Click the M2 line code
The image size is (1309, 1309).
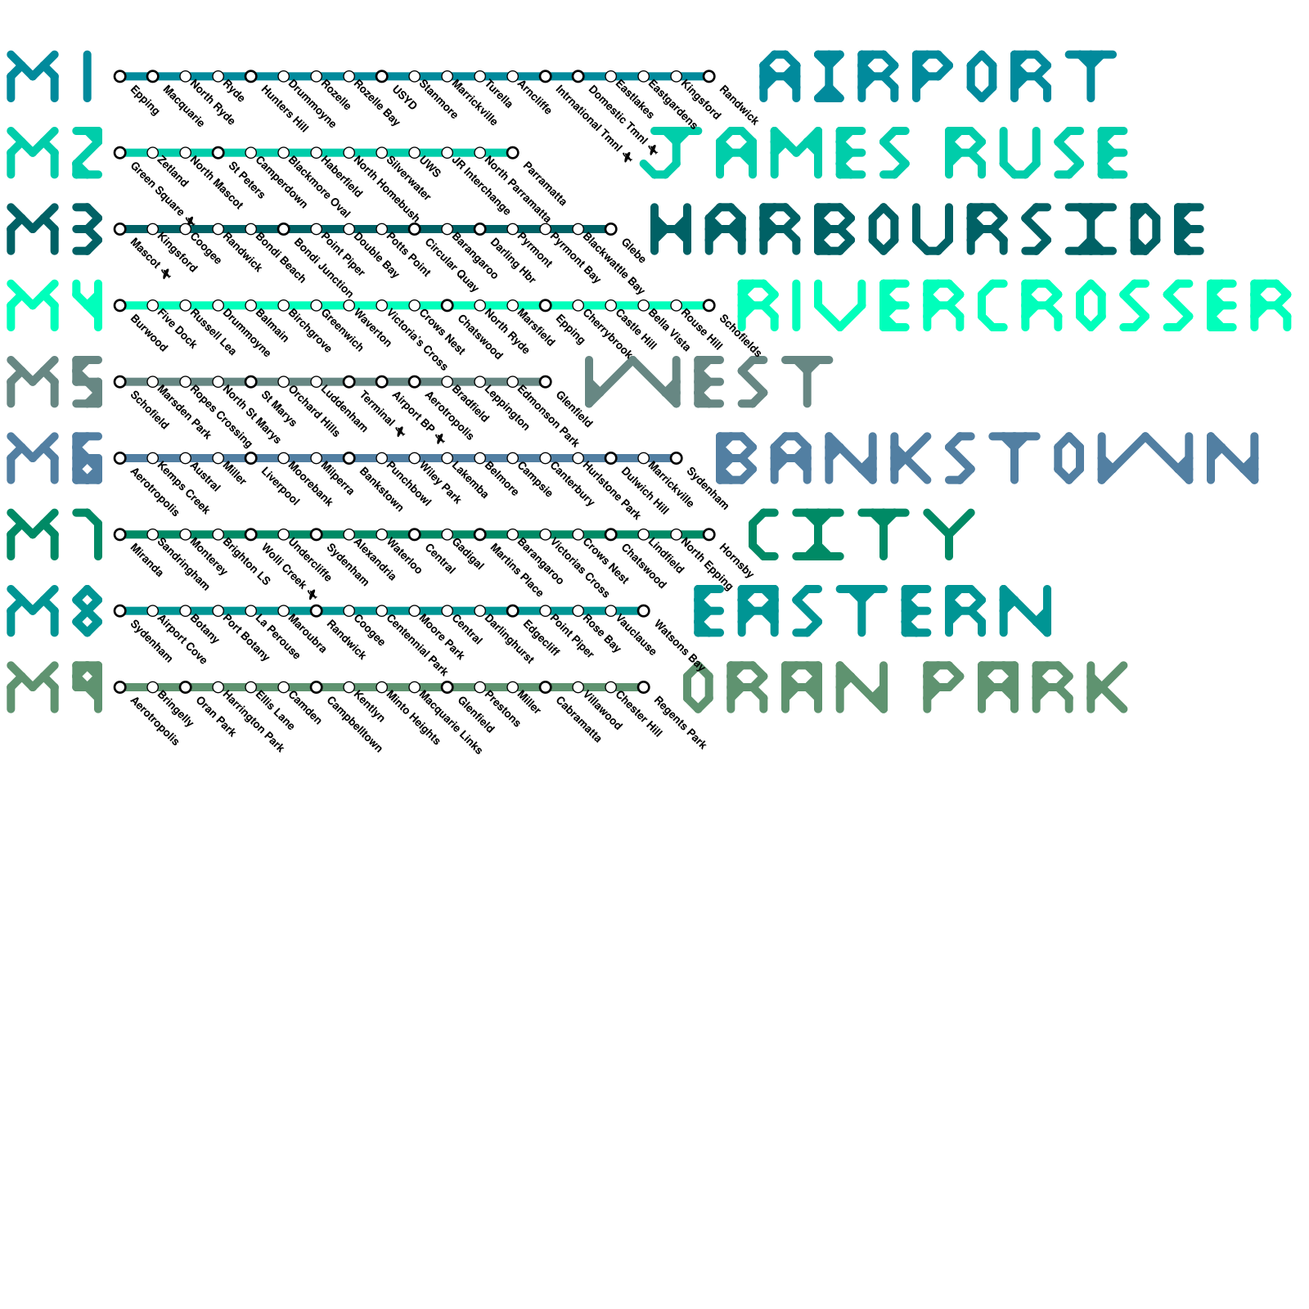click(x=55, y=153)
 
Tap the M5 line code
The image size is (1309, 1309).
click(x=55, y=382)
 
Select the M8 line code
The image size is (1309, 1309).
click(x=55, y=611)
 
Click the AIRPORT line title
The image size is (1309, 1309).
click(x=938, y=77)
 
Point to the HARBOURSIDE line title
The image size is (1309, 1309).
click(x=928, y=229)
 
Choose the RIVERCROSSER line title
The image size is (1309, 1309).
click(x=1014, y=306)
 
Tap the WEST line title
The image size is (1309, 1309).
click(x=709, y=382)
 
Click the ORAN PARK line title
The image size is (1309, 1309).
click(x=905, y=687)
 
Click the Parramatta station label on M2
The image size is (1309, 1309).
click(x=544, y=184)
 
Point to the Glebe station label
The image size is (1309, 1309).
click(x=634, y=251)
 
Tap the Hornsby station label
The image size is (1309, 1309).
click(x=736, y=560)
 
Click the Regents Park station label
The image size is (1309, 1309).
click(x=681, y=723)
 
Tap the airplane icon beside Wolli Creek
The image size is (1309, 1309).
click(x=312, y=594)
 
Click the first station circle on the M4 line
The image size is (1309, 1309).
click(x=120, y=306)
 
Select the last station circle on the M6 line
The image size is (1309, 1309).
click(x=677, y=458)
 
